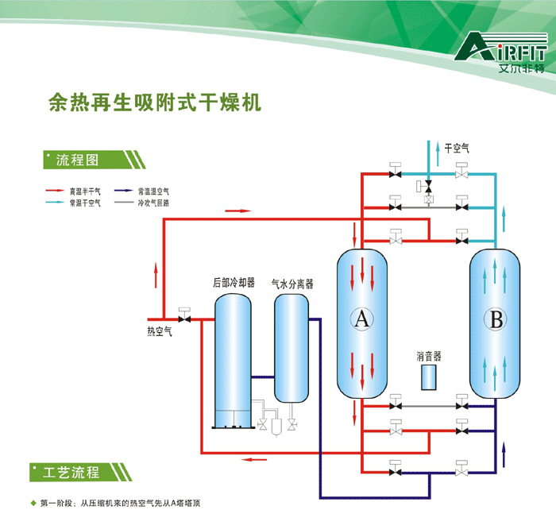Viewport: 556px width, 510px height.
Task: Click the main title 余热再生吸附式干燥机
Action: pyautogui.click(x=155, y=104)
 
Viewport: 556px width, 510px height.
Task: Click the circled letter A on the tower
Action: pyautogui.click(x=361, y=319)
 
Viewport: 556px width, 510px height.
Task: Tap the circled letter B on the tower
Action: pyautogui.click(x=496, y=319)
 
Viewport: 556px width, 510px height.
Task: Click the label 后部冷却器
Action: pyautogui.click(x=234, y=282)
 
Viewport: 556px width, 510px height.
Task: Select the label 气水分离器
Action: pyautogui.click(x=292, y=282)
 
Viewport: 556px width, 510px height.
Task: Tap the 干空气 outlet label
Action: pyautogui.click(x=457, y=148)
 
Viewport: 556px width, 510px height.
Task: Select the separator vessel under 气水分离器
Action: pyautogui.click(x=292, y=347)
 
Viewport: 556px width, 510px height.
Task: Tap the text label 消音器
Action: pyautogui.click(x=429, y=357)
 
